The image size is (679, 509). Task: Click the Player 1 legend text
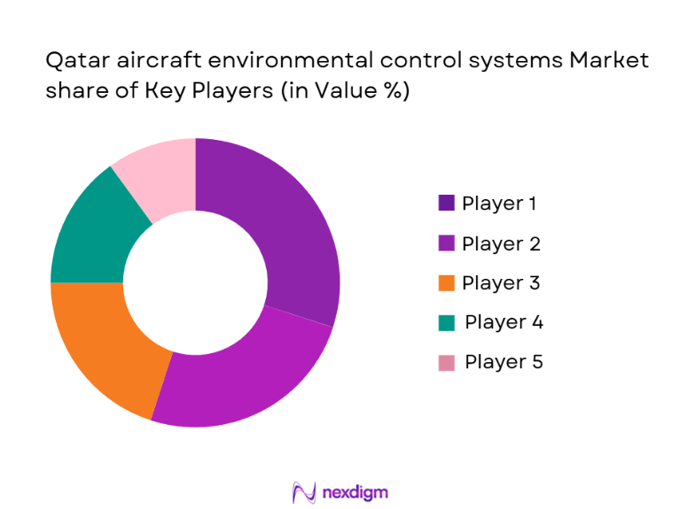coord(499,204)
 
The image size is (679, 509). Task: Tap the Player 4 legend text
coord(503,322)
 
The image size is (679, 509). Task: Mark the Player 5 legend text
coord(503,362)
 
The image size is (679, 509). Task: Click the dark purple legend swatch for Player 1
coord(446,204)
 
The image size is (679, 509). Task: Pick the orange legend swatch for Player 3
coord(446,283)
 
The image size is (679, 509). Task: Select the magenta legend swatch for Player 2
coord(446,243)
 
